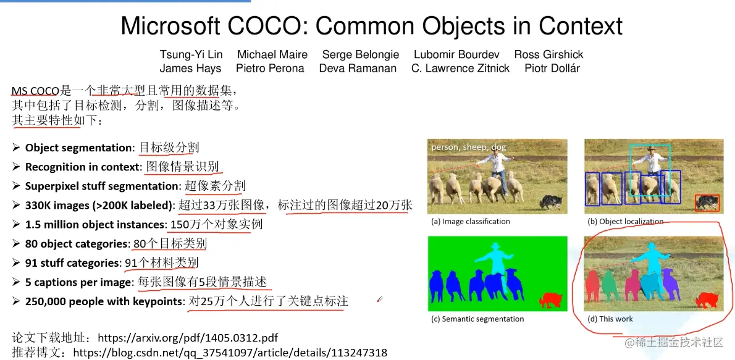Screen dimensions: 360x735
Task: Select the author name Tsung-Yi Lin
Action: pyautogui.click(x=191, y=54)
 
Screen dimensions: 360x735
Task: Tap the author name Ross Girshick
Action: pyautogui.click(x=548, y=54)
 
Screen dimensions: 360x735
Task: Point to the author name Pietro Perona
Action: pyautogui.click(x=270, y=69)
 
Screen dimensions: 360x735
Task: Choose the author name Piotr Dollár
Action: pyautogui.click(x=552, y=69)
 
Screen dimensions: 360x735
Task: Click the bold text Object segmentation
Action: pyautogui.click(x=78, y=148)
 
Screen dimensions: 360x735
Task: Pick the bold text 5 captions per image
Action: pyautogui.click(x=78, y=282)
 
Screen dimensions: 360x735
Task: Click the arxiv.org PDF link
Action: pyautogui.click(x=188, y=338)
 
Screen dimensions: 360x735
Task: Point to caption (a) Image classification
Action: pyautogui.click(x=471, y=221)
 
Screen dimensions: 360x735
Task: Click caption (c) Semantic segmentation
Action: pyautogui.click(x=477, y=319)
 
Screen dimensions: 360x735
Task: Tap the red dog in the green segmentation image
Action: pyautogui.click(x=551, y=300)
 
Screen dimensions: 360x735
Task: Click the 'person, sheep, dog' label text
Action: pyautogui.click(x=468, y=147)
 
